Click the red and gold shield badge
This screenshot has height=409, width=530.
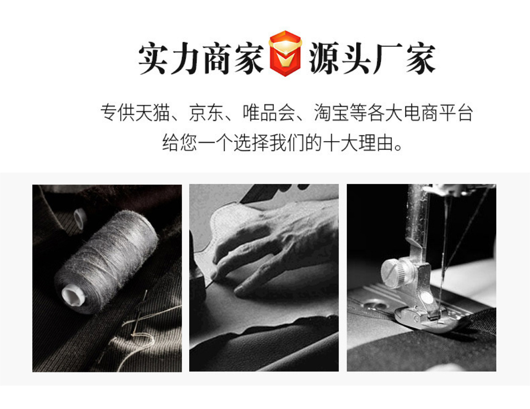pos(285,53)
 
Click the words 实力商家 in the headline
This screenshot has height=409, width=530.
pos(201,59)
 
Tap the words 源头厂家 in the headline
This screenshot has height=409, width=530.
pos(372,59)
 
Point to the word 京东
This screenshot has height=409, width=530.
pos(206,113)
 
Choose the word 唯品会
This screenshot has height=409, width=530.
pos(269,113)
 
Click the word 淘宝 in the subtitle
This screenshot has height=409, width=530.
pos(331,113)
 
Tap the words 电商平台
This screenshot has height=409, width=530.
pos(438,113)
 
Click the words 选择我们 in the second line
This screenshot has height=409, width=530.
pos(269,143)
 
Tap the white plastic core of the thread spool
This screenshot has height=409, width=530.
pos(73,295)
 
